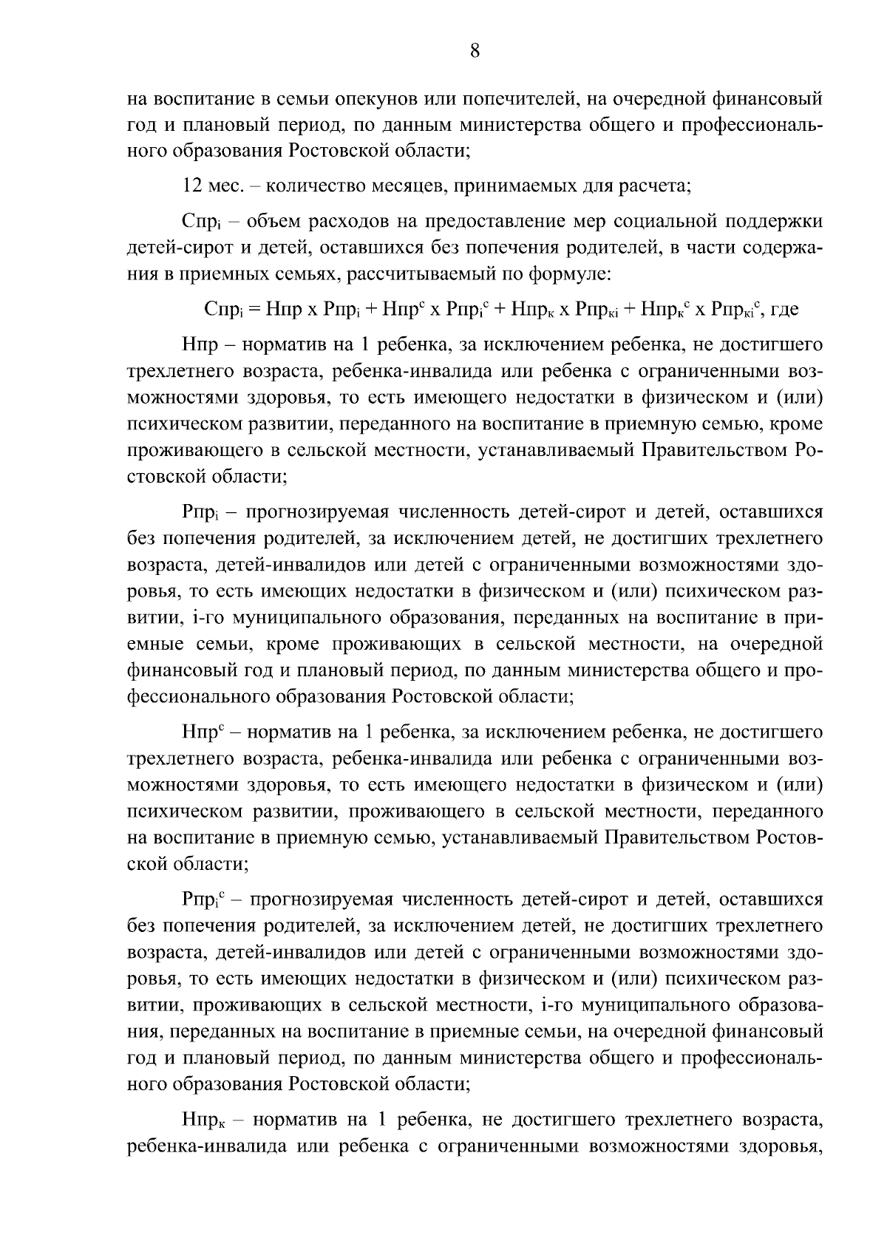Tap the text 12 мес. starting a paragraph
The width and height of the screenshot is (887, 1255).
tap(208, 186)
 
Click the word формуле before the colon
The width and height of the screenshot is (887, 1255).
tap(568, 274)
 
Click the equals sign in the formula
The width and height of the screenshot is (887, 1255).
tap(254, 310)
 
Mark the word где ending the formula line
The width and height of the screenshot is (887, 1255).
tap(784, 310)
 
